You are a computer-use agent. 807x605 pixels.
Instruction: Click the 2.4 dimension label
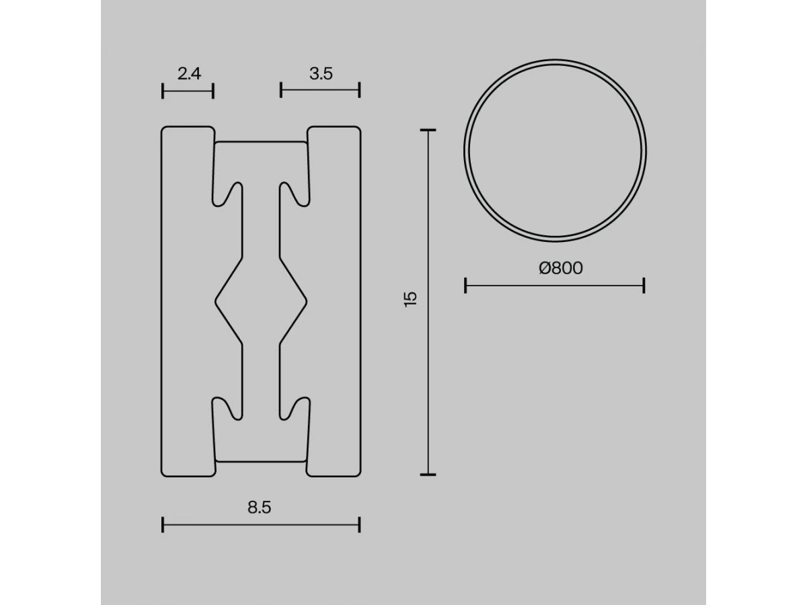(189, 74)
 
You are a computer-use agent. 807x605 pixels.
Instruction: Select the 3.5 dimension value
(321, 74)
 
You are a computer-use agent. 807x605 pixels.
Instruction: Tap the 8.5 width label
(259, 508)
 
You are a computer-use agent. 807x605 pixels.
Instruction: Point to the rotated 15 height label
(411, 299)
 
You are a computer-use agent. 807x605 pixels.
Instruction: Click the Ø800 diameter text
(561, 268)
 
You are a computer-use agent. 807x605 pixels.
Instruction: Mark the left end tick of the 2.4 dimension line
(163, 91)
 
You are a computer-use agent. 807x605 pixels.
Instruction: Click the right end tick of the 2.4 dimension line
(213, 91)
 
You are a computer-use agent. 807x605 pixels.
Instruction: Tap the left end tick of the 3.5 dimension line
(281, 90)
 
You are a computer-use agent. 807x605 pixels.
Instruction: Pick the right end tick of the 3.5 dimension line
(360, 90)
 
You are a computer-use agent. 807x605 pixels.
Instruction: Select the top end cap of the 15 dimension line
(428, 130)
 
